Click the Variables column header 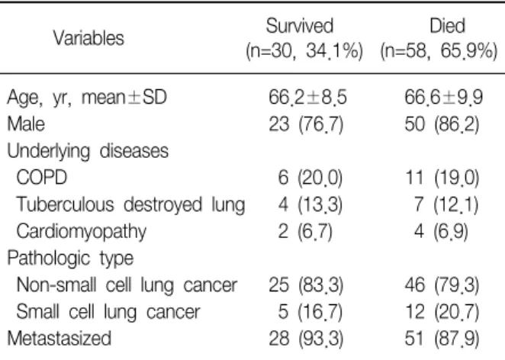(88, 38)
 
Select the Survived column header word (300, 25)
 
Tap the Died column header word (447, 25)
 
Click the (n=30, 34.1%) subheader (304, 51)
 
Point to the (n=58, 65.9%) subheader (439, 51)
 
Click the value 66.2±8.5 (308, 97)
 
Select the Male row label (26, 124)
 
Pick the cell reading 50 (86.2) (442, 124)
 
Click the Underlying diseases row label (88, 151)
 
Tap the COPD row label (41, 178)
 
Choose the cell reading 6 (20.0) (310, 178)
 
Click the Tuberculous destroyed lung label (130, 205)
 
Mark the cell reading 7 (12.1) (446, 205)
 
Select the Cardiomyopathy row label (81, 232)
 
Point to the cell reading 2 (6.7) (305, 232)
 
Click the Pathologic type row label (70, 259)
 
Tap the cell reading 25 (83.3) (307, 285)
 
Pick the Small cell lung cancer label (108, 312)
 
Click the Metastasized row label (60, 339)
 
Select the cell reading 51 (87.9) (442, 339)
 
